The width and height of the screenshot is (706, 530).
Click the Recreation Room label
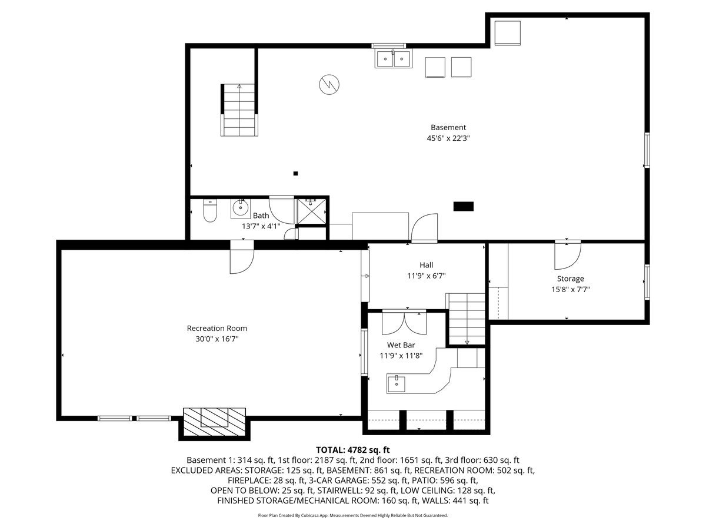point(217,328)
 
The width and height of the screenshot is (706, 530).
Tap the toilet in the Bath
point(210,210)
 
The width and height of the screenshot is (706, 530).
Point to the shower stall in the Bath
point(311,211)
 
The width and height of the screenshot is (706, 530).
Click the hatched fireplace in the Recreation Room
point(215,422)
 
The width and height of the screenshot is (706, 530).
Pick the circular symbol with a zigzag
point(329,85)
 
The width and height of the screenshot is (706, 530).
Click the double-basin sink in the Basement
point(393,58)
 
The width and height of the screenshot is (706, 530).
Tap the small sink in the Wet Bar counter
point(397,383)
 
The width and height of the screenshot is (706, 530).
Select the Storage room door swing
point(567,256)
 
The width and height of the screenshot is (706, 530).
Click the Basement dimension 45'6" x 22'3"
point(448,138)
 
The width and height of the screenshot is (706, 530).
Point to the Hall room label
point(426,265)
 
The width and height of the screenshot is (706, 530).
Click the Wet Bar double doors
point(404,323)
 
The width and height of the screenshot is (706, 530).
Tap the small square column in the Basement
point(295,174)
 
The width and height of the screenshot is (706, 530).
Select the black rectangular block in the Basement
point(464,206)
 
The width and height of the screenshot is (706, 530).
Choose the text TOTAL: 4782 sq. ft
point(353,449)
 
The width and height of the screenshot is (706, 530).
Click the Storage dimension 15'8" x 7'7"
point(571,289)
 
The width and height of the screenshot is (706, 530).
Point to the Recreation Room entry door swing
point(242,261)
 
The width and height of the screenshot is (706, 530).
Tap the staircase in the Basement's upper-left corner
point(239,110)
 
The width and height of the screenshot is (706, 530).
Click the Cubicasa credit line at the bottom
point(353,515)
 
